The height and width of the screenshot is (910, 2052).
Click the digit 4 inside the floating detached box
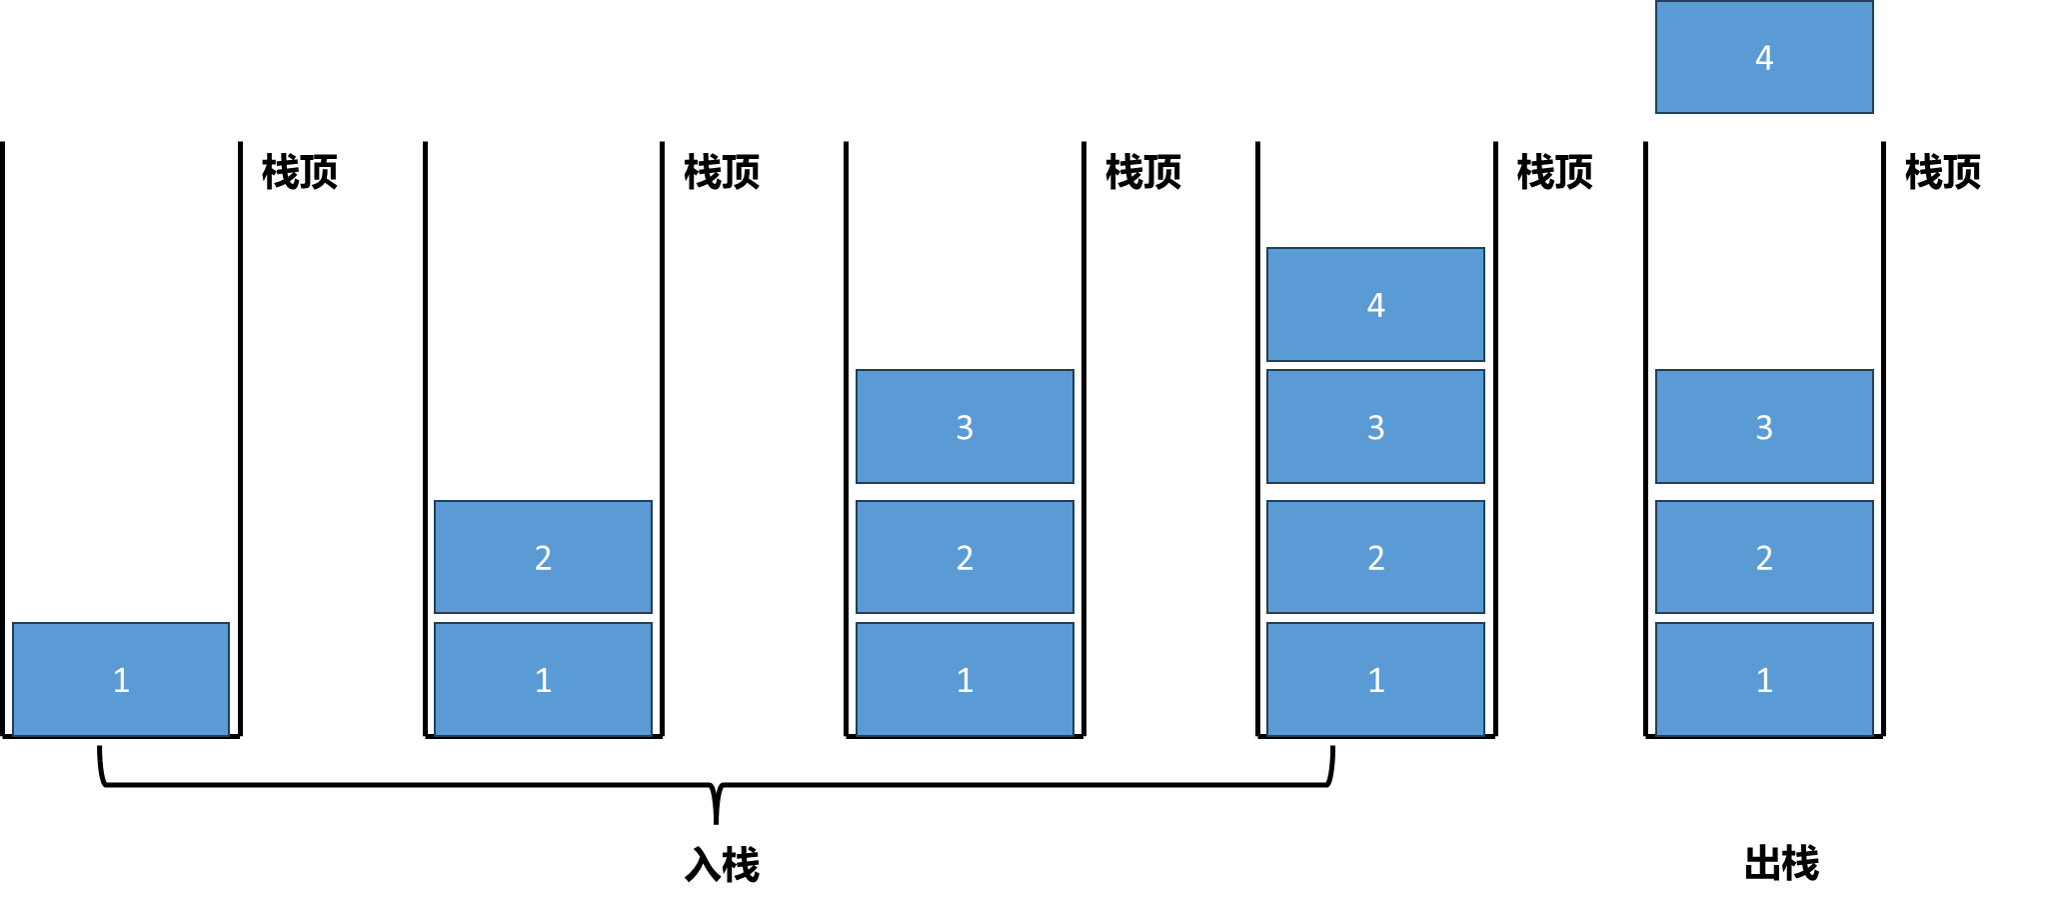(1764, 58)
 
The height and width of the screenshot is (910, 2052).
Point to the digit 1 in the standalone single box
(121, 681)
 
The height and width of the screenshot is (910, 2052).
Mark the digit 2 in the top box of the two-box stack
(543, 558)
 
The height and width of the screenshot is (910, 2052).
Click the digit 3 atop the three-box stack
(965, 428)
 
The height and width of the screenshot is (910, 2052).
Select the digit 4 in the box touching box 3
(1376, 305)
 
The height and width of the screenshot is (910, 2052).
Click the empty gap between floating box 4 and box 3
(1764, 240)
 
